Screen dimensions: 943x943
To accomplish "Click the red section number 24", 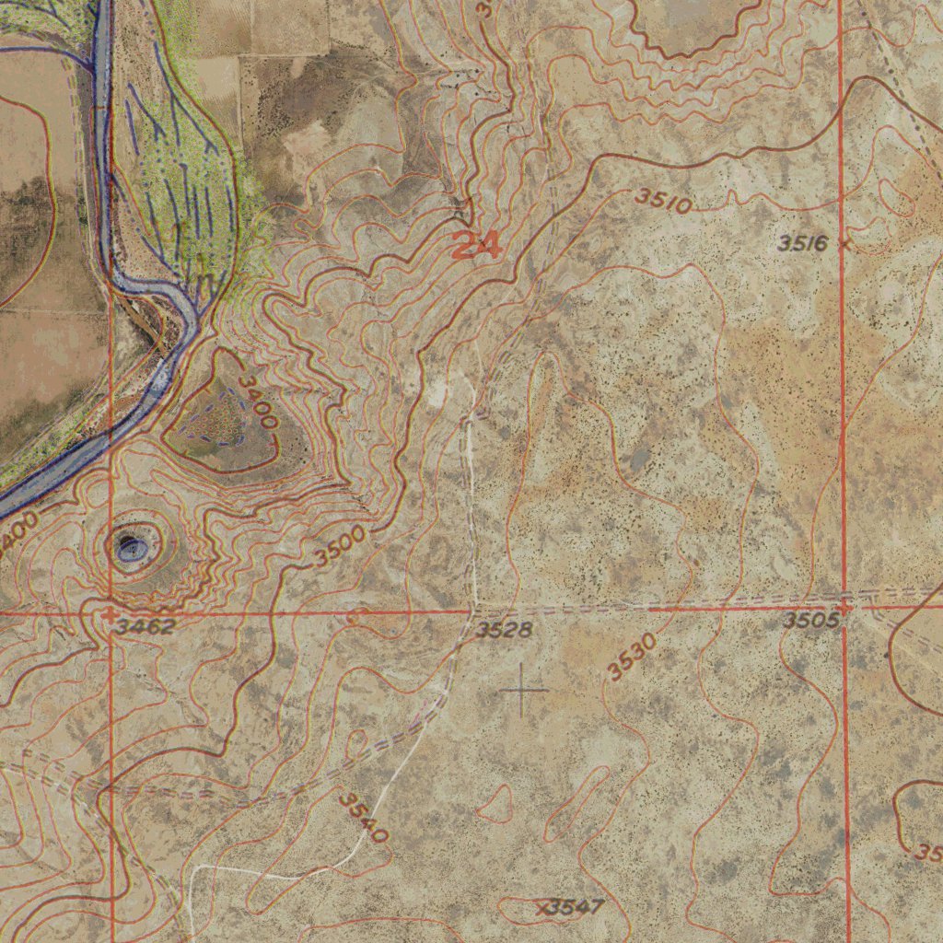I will point(477,246).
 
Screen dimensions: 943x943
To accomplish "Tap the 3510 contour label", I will point(663,200).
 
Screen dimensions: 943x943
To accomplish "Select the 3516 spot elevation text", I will point(802,243).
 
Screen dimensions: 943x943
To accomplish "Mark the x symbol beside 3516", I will point(844,245).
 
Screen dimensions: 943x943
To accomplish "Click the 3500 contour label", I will point(339,549).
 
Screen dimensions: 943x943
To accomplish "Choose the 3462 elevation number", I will point(146,626).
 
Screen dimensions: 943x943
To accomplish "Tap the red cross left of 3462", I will point(110,613).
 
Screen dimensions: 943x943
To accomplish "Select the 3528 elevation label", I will point(504,630).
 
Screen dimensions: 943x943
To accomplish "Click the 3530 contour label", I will point(632,657).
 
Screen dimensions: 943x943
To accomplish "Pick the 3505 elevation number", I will point(811,621).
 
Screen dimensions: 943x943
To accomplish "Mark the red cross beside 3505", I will point(844,607).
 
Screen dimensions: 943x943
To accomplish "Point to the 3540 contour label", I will point(362,816).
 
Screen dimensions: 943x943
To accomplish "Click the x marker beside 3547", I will point(542,908).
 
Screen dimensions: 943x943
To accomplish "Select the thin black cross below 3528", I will point(522,689).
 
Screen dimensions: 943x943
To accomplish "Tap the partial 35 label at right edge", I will point(928,852).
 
